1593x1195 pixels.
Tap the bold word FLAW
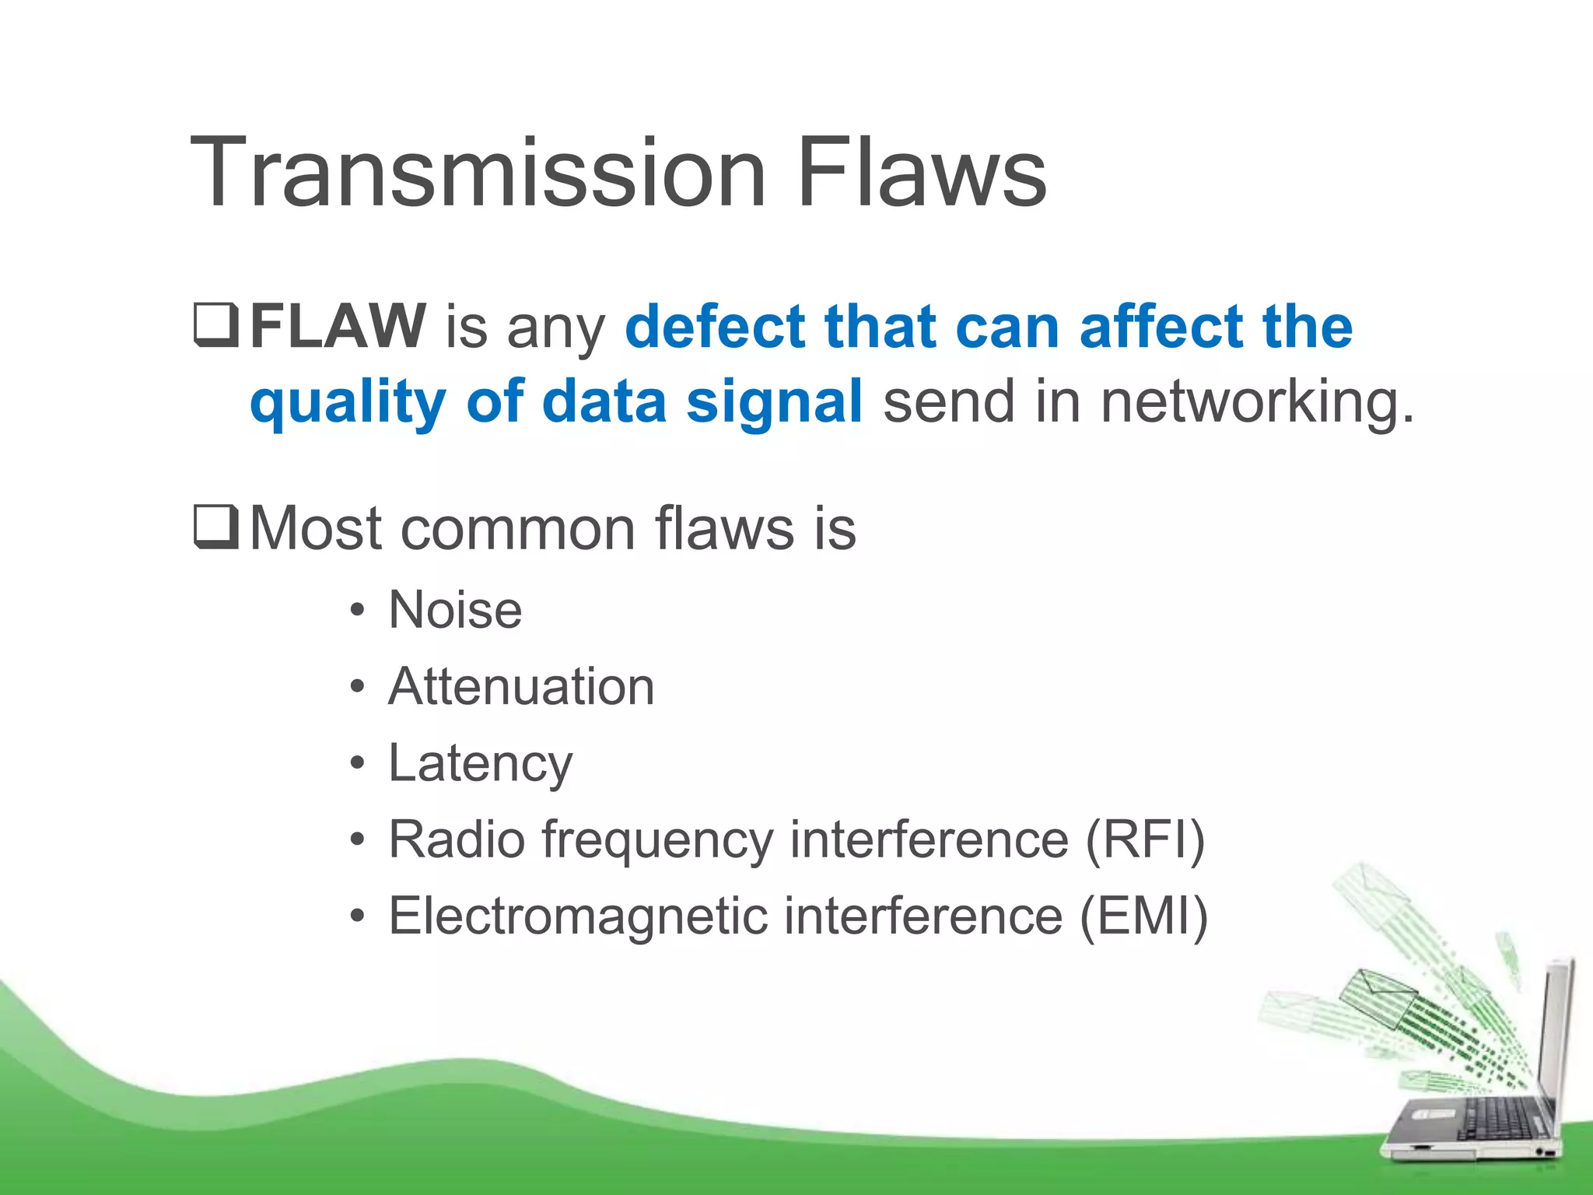(337, 326)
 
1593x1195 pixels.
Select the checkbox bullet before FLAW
(215, 326)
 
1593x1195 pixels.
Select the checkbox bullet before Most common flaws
(215, 527)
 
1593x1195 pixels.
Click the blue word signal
(774, 401)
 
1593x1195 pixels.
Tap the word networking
(1256, 401)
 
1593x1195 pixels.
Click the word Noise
(455, 609)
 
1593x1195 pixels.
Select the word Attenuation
(521, 686)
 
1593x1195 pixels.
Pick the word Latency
(480, 764)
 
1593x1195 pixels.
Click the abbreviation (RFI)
(1145, 839)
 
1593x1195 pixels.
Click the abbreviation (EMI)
(1143, 916)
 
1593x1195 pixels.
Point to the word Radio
(457, 839)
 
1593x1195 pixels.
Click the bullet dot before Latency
(357, 764)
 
